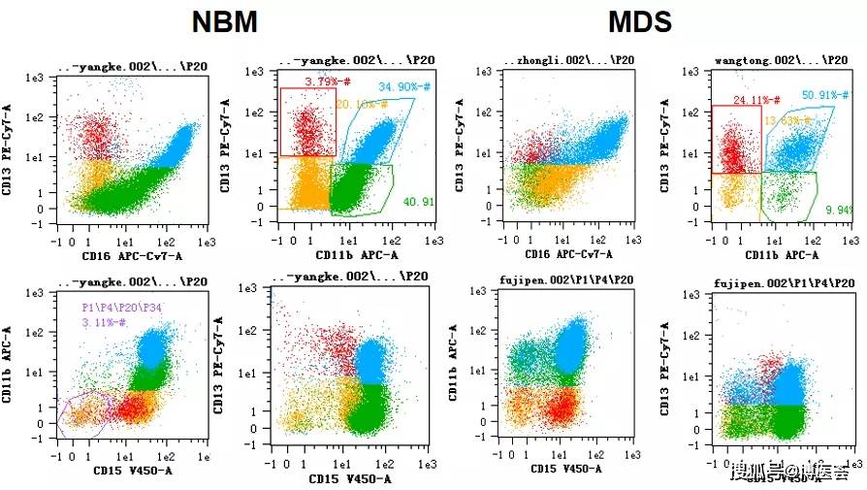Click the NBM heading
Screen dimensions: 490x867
[224, 23]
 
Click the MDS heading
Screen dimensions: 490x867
[641, 23]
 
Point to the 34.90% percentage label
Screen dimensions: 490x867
[403, 87]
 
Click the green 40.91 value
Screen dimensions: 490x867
[419, 202]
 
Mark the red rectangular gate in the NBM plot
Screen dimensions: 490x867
[281, 121]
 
